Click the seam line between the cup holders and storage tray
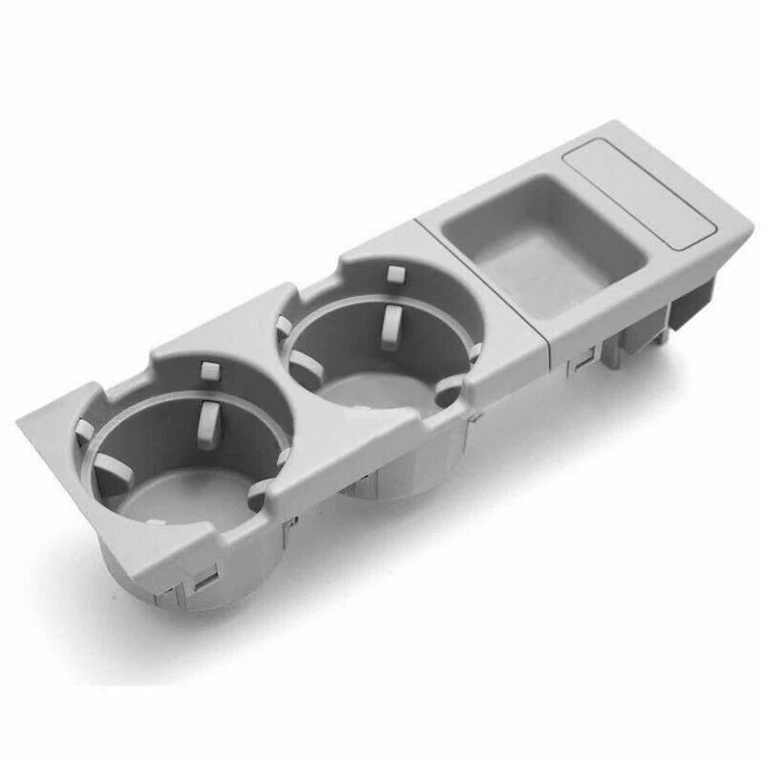point(482,286)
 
